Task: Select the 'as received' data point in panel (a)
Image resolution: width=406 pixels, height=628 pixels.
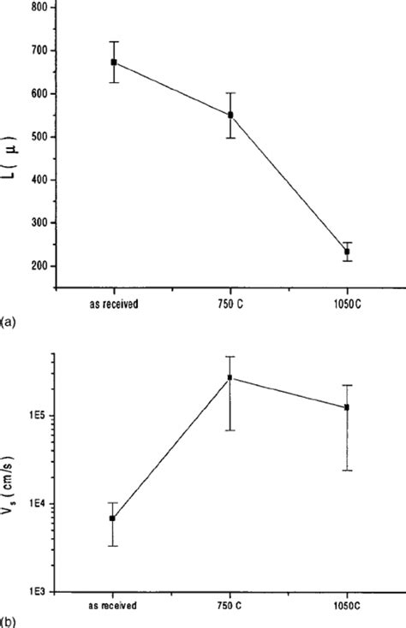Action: (x=114, y=62)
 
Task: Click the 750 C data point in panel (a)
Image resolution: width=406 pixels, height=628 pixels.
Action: (x=230, y=115)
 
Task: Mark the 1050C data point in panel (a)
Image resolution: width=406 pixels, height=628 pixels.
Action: (x=347, y=252)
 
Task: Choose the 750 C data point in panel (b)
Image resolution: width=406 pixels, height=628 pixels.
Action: (x=230, y=377)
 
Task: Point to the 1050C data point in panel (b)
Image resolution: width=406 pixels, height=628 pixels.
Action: (x=347, y=407)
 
